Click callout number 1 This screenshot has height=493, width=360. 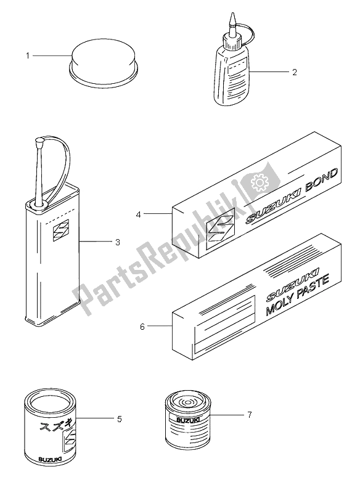(28, 56)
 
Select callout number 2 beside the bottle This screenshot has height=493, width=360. (294, 72)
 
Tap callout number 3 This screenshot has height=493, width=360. (118, 242)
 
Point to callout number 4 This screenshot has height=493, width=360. (138, 214)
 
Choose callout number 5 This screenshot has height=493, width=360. (119, 419)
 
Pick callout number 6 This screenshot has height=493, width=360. (142, 327)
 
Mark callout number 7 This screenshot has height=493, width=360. (249, 415)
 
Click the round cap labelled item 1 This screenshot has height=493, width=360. (103, 63)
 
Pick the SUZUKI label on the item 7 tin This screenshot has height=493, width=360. (187, 420)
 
